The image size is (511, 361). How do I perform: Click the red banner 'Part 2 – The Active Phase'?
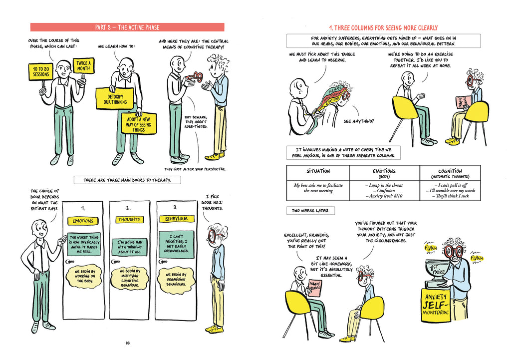coord(127,27)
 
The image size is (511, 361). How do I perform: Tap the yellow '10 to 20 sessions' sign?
coord(41,71)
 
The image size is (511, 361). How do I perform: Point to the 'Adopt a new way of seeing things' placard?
coord(139,123)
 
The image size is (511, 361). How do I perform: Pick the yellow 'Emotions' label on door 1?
coord(83,221)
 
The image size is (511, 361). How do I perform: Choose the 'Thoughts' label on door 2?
coord(129,220)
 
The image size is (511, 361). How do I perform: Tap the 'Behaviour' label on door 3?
coord(176,219)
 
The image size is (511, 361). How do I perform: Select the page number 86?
coord(128,343)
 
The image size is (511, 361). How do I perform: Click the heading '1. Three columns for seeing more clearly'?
coord(383,27)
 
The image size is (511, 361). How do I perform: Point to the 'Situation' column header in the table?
coord(318,171)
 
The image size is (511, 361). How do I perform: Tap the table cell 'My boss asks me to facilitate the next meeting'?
coord(318,188)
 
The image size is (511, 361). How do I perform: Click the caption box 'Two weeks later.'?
coord(310,211)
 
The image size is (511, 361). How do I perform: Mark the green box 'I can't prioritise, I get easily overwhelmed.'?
coord(176,243)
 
